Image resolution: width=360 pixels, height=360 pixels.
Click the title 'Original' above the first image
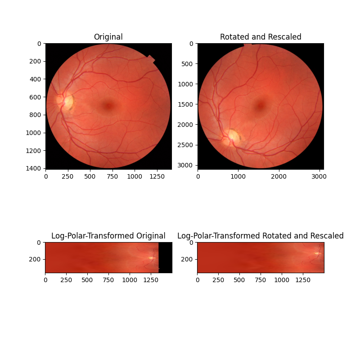click(108, 37)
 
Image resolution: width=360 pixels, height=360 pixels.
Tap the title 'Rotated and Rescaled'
click(261, 37)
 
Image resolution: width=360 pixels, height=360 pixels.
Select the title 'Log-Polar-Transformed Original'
click(108, 236)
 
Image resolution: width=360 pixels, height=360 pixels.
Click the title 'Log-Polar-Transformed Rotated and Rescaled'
click(261, 236)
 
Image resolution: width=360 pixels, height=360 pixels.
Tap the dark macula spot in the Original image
click(108, 106)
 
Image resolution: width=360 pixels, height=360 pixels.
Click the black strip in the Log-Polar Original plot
click(165, 257)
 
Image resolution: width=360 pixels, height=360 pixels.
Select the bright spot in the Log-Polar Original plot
click(152, 258)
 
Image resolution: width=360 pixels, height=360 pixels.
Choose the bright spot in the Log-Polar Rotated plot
click(317, 253)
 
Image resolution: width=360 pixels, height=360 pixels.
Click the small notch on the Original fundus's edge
click(151, 59)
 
